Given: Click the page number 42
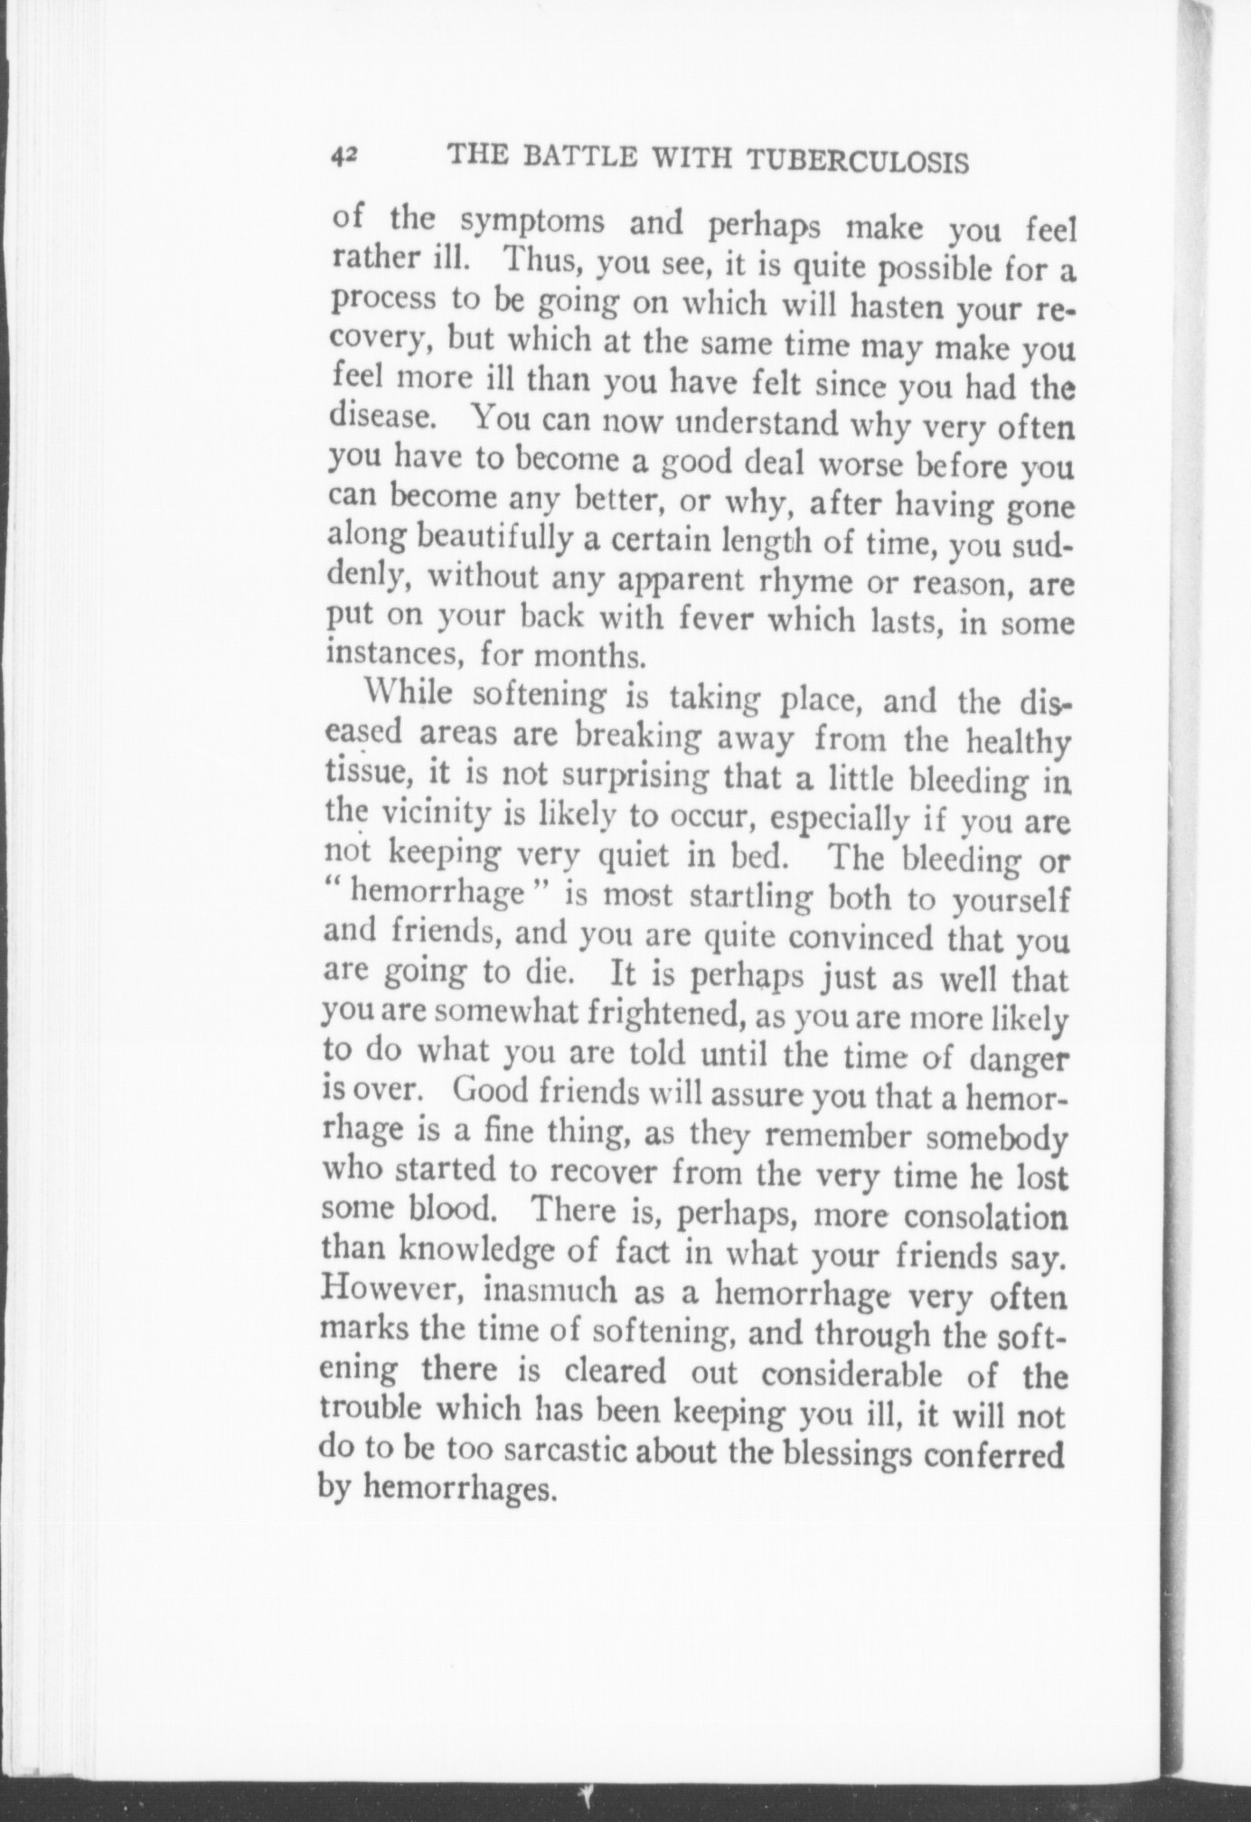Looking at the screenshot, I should (343, 155).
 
